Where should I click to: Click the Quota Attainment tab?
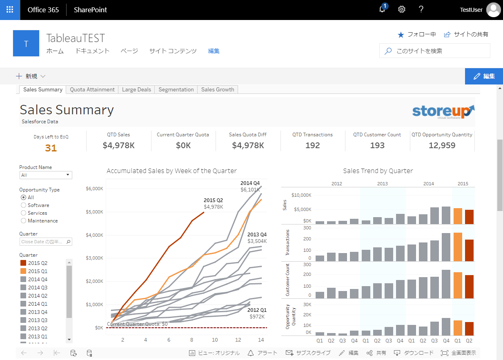(x=92, y=89)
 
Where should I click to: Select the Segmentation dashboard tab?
(x=176, y=89)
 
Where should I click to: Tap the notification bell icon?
(x=382, y=10)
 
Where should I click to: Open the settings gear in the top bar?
(x=402, y=10)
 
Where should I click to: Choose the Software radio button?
(x=24, y=205)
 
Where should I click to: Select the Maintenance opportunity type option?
(x=24, y=221)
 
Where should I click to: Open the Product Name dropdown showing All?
(x=46, y=175)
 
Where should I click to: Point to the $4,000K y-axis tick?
(x=94, y=235)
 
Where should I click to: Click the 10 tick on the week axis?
(x=215, y=340)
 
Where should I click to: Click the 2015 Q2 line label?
(x=213, y=200)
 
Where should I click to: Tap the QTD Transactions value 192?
(x=312, y=145)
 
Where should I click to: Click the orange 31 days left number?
(x=51, y=148)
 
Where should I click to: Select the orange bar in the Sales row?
(x=458, y=216)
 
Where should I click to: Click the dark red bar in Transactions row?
(x=469, y=250)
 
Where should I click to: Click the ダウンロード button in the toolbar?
(x=414, y=353)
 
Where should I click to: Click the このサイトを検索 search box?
(x=435, y=51)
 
